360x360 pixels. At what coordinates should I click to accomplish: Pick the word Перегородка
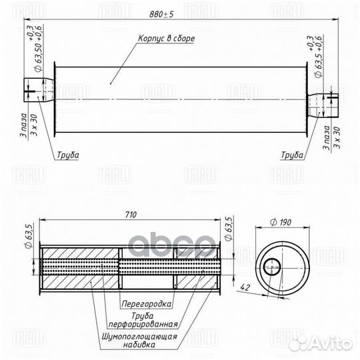coord(146,303)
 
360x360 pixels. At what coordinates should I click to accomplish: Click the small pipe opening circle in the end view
coord(273,268)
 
